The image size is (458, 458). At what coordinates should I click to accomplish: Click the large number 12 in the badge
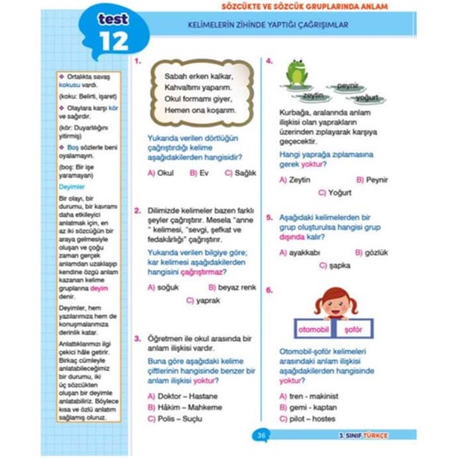(x=114, y=42)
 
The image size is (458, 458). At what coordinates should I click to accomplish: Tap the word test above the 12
(x=113, y=20)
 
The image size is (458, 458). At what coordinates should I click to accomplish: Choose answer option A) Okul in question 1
(x=161, y=173)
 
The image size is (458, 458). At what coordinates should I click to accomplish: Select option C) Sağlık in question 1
(x=241, y=173)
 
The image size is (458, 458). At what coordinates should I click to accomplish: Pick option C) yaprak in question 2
(x=203, y=301)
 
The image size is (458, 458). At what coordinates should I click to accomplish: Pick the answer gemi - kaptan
(x=308, y=408)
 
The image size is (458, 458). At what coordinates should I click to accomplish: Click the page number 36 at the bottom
(x=261, y=435)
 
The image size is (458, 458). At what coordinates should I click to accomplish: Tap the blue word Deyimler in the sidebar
(x=72, y=187)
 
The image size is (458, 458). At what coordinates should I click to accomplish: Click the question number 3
(x=138, y=339)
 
